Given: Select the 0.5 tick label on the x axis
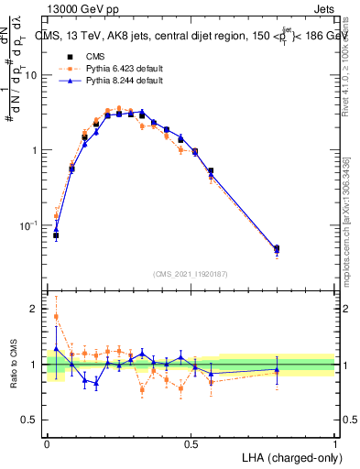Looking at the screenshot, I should click(x=191, y=444).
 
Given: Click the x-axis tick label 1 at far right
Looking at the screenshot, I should click(x=334, y=444).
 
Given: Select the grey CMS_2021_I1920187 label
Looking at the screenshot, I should click(x=191, y=273).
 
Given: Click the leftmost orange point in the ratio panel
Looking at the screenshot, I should click(x=57, y=317).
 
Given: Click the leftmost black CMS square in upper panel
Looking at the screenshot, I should click(x=57, y=235).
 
